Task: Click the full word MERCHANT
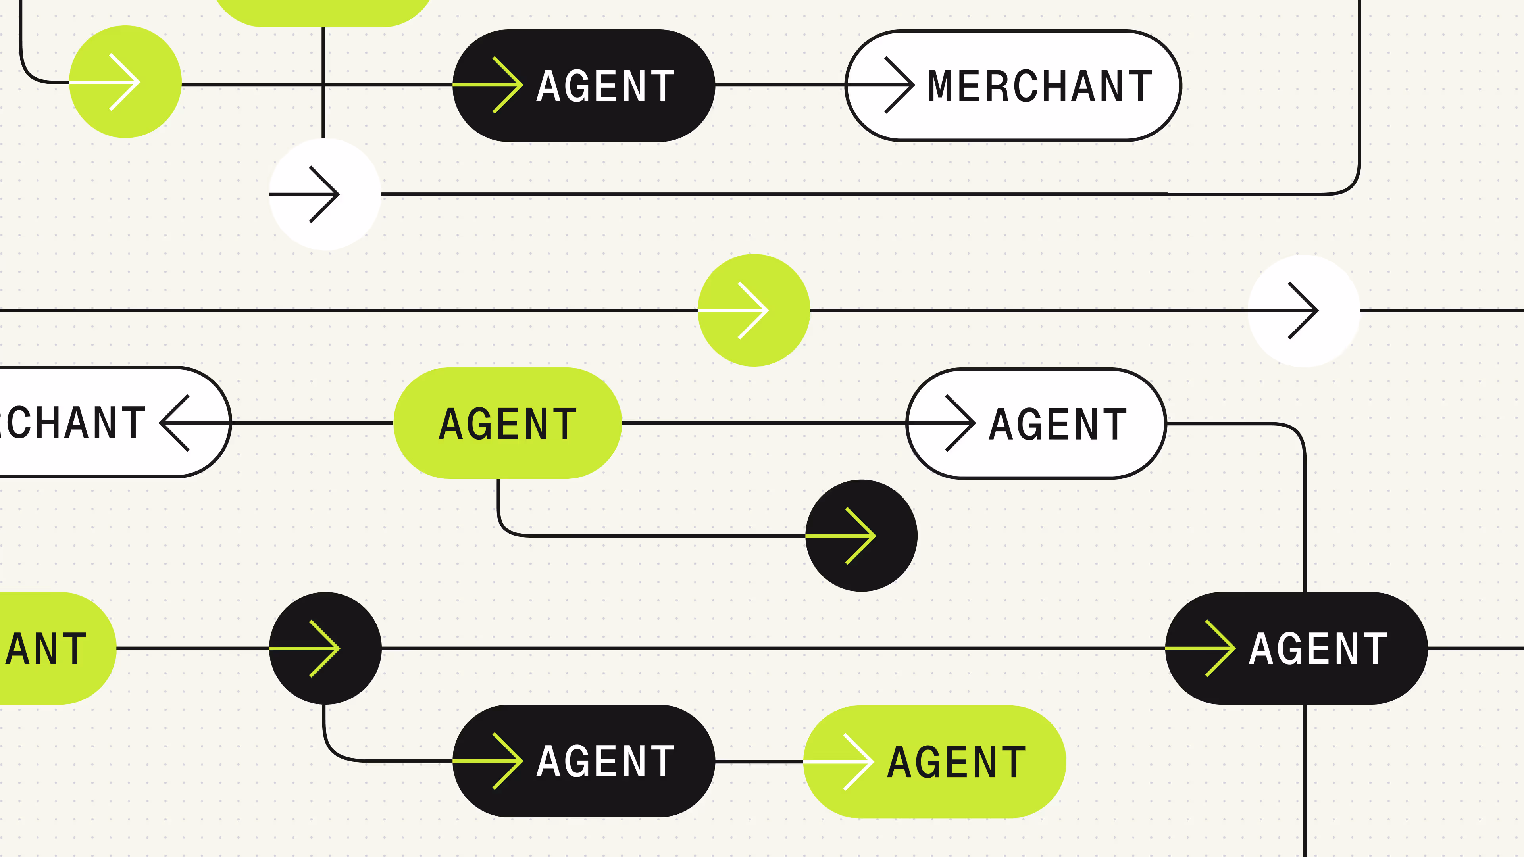(x=1039, y=86)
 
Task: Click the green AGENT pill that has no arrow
(x=507, y=423)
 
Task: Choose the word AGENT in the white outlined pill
(x=1057, y=424)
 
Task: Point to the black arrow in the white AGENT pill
(x=958, y=423)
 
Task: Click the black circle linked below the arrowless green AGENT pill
(x=861, y=535)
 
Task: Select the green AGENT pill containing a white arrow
(x=934, y=762)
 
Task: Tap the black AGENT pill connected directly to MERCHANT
(x=583, y=86)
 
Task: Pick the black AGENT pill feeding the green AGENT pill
(x=583, y=761)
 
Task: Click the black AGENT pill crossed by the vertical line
(x=1296, y=648)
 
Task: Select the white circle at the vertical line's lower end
(x=325, y=194)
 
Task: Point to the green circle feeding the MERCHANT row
(x=125, y=82)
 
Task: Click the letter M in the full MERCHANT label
(x=941, y=86)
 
